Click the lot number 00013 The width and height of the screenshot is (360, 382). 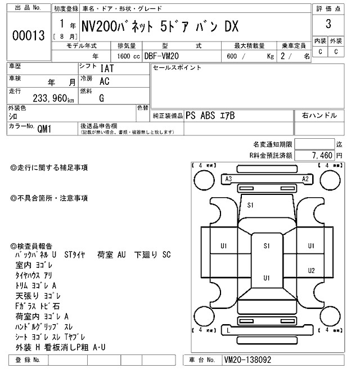tap(28, 35)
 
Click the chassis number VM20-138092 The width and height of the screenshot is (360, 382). tap(251, 360)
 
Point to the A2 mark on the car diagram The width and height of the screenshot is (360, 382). tap(306, 179)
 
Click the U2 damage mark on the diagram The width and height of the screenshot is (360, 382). tap(311, 271)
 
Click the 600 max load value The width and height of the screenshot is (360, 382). tap(231, 56)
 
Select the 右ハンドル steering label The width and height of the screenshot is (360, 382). tap(319, 115)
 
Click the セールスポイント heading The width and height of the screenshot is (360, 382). tap(177, 67)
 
